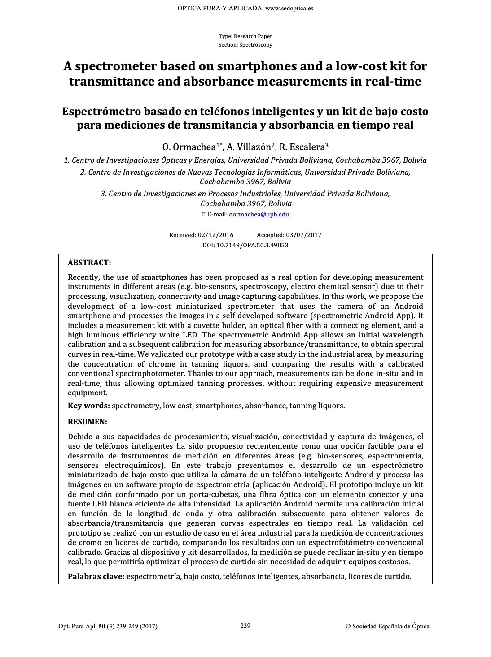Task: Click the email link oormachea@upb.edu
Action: tap(259, 214)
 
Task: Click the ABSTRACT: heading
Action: tap(89, 263)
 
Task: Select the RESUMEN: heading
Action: tap(88, 422)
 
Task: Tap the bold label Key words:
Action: tap(89, 406)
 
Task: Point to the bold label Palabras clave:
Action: tap(96, 576)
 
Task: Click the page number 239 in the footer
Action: tap(245, 626)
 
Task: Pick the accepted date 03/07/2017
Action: tap(303, 235)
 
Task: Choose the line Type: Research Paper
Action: tap(245, 36)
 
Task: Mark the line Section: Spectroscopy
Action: tap(245, 45)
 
